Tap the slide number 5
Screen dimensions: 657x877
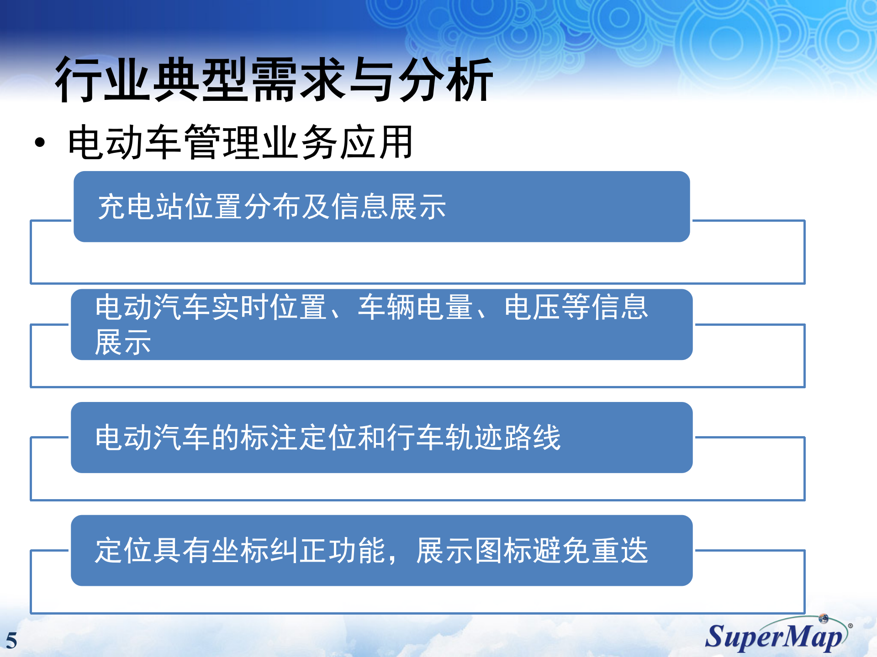[x=11, y=641]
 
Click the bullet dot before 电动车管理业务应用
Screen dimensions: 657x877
[x=40, y=143]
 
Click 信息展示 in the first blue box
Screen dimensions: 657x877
[x=388, y=207]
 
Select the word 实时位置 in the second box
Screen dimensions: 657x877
[x=269, y=307]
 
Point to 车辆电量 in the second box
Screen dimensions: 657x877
[x=416, y=307]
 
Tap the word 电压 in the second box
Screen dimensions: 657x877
[x=532, y=307]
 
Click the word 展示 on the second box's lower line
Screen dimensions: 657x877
[x=122, y=342]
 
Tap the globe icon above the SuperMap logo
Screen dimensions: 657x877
[x=824, y=619]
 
